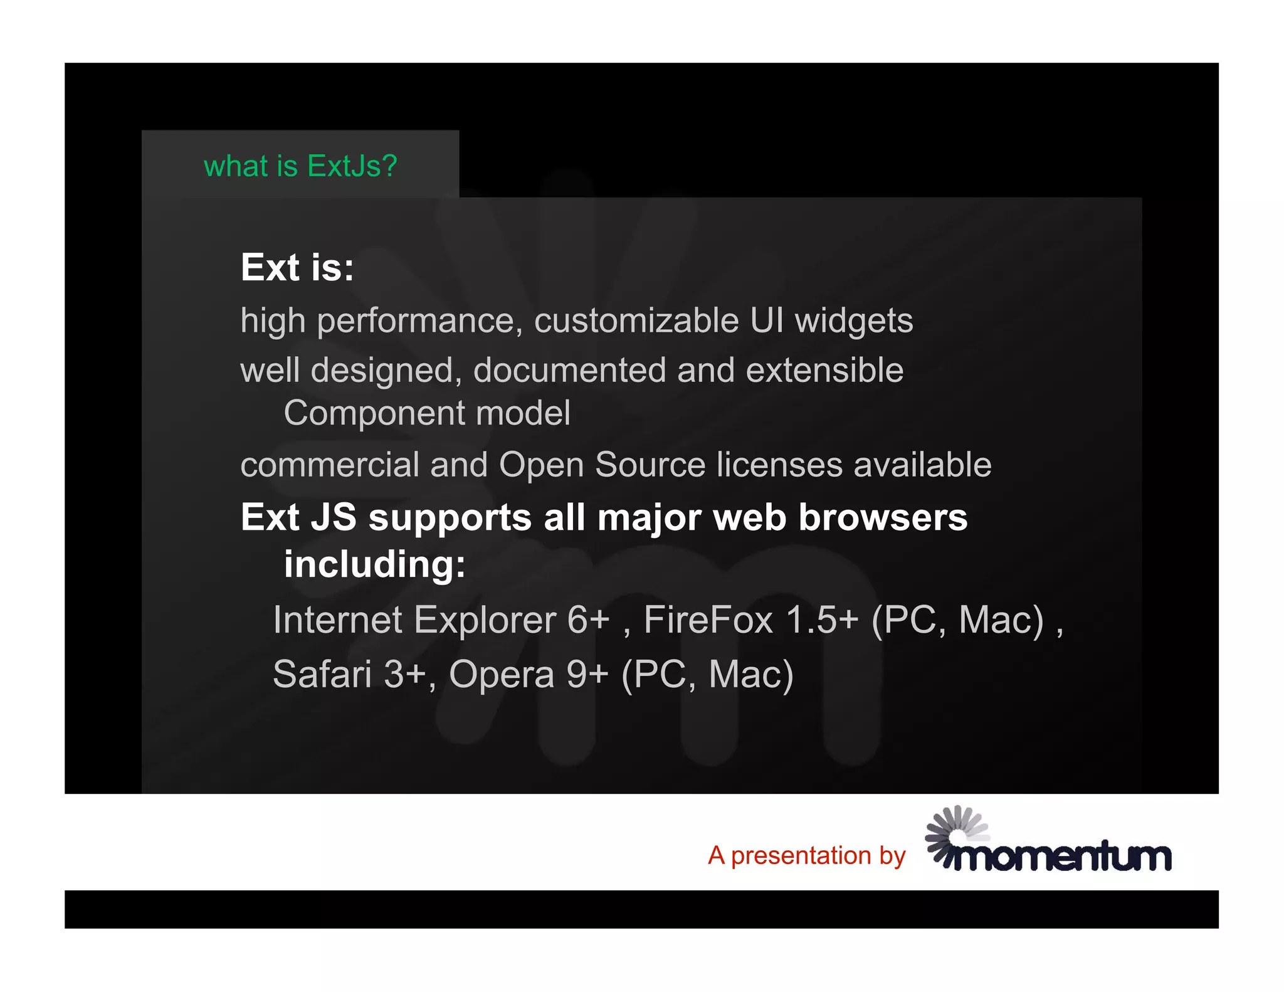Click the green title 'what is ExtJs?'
pos(300,167)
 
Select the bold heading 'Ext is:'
pos(297,268)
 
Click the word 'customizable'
pos(636,321)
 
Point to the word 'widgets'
pos(854,322)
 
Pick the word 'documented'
pos(569,370)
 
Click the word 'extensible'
pos(824,370)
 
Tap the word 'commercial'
pos(330,465)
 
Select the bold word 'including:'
pos(374,564)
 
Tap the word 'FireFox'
pos(708,621)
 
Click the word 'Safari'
pos(322,675)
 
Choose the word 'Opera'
pos(502,675)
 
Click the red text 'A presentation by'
pos(806,856)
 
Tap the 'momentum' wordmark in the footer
pos(1062,857)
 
